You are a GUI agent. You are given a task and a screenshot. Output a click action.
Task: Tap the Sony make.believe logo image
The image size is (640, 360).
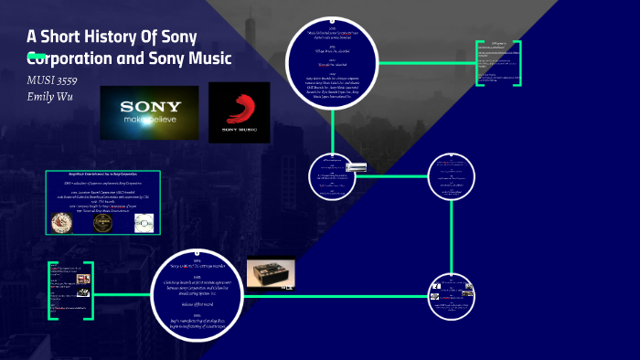[149, 111]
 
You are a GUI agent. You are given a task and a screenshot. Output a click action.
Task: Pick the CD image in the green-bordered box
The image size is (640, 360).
[144, 222]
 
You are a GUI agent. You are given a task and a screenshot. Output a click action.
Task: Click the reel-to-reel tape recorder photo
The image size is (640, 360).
[270, 274]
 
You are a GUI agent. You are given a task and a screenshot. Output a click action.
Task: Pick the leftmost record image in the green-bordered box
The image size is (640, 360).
[61, 222]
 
